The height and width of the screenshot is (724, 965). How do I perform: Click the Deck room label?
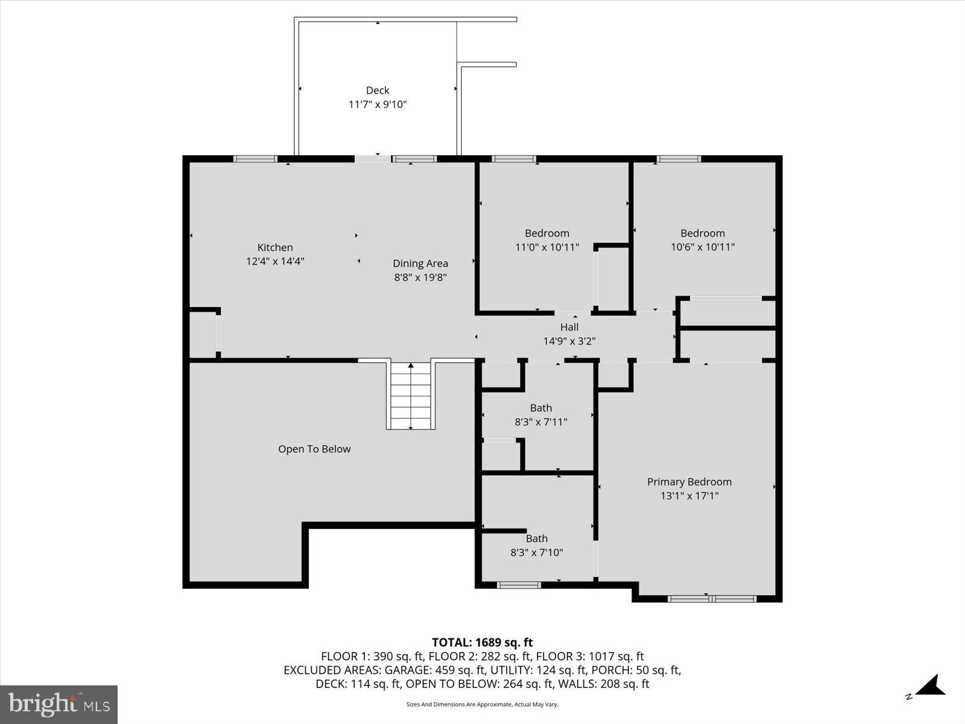click(378, 91)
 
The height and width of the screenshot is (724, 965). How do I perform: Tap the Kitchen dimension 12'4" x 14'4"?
click(275, 261)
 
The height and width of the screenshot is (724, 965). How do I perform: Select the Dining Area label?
click(420, 263)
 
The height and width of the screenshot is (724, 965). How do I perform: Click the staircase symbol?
click(411, 395)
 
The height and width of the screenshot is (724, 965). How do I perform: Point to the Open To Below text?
click(314, 449)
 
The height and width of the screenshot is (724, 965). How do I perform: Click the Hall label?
click(569, 327)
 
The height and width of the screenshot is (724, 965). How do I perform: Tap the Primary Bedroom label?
click(689, 481)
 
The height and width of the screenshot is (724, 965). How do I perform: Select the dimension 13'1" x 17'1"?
click(689, 496)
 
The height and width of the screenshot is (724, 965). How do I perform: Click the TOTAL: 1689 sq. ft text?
click(482, 643)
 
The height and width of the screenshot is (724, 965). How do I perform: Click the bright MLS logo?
click(59, 704)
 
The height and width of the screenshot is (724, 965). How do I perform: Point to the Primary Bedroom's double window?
click(712, 599)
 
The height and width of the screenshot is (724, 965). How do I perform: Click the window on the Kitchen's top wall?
click(255, 159)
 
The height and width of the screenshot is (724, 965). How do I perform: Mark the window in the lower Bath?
click(519, 584)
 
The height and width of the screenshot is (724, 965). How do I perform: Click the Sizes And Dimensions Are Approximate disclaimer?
click(482, 704)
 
